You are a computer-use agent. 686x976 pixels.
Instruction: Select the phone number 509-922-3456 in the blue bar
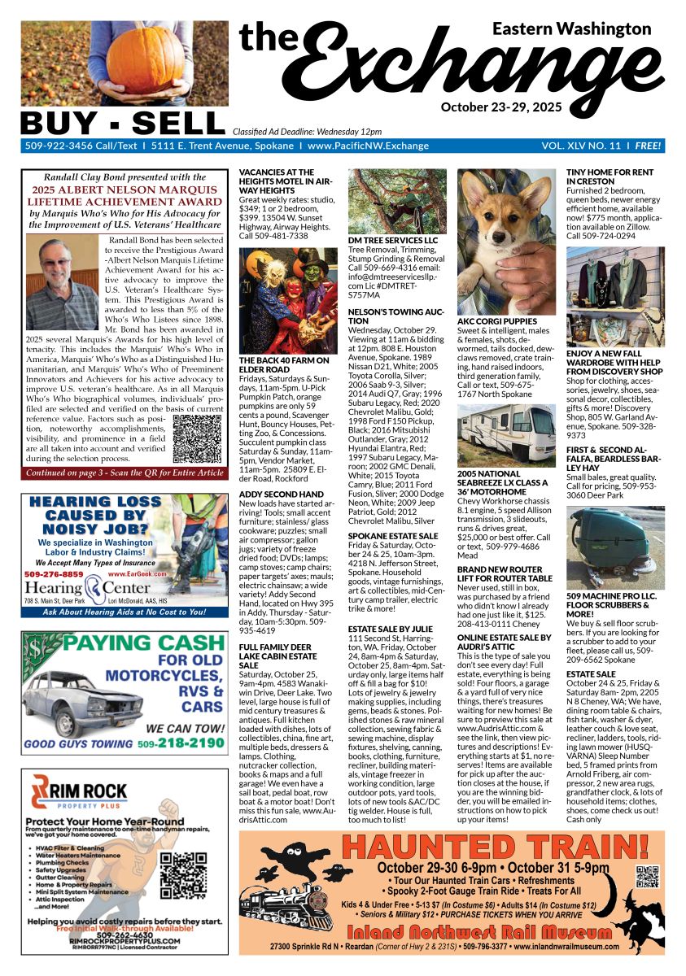(56, 146)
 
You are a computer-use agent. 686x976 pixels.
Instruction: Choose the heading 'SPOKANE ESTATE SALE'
(393, 536)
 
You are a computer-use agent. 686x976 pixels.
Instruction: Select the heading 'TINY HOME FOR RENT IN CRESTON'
(609, 177)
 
